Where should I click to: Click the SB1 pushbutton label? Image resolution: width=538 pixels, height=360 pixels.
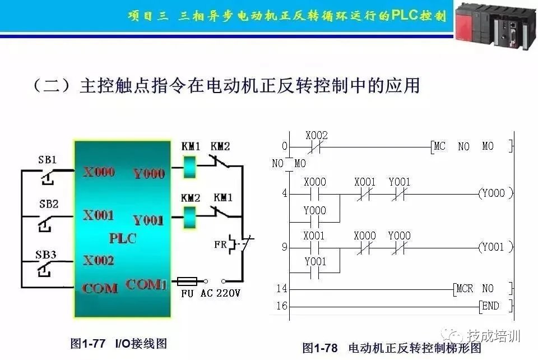47,160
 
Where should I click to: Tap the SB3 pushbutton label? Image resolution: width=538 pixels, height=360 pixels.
45,255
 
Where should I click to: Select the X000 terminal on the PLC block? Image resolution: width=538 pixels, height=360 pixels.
99,172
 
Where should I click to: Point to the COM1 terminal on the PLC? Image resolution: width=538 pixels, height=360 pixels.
146,284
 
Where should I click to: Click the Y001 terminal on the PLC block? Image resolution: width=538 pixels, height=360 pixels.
148,220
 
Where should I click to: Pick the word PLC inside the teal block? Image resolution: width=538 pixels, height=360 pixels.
123,238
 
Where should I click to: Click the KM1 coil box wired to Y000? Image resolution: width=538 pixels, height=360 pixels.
189,167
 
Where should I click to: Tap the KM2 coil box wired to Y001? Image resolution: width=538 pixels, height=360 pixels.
189,217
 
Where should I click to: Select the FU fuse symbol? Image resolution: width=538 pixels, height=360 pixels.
187,281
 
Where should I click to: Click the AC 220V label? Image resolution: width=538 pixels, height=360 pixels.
220,293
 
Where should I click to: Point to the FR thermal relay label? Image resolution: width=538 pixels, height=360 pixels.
220,244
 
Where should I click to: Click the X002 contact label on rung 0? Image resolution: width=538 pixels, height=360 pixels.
316,136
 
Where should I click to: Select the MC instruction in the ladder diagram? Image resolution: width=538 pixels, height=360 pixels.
439,146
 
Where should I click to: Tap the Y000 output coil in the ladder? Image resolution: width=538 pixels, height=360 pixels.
495,193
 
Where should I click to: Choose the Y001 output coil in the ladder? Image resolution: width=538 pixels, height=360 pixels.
495,247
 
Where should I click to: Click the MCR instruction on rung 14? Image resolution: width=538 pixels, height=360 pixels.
465,289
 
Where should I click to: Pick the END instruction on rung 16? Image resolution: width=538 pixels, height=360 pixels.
490,306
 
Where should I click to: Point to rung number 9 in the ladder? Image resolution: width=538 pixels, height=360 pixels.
285,247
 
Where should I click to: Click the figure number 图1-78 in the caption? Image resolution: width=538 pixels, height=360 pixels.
320,348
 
